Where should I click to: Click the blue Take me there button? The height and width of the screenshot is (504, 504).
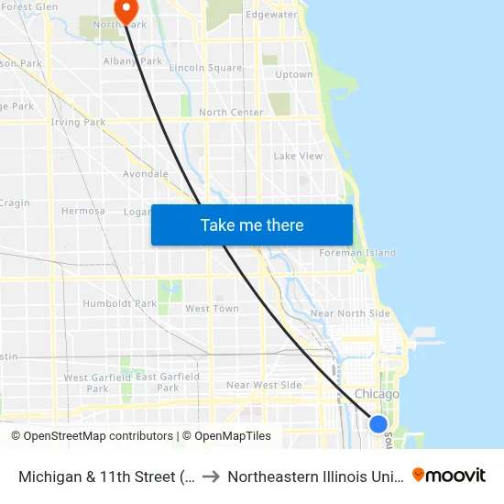252,225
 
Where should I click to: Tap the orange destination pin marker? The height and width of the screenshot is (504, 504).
125,8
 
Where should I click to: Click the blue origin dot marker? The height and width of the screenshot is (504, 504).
378,423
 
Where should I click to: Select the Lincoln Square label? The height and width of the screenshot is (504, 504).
206,68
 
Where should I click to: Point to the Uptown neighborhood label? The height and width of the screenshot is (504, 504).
294,74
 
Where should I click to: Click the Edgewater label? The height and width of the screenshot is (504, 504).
271,15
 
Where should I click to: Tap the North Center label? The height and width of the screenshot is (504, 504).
231,113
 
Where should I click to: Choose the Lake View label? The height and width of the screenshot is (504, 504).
298,156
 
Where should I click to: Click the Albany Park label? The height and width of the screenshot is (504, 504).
133,61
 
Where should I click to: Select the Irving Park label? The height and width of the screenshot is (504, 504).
79,122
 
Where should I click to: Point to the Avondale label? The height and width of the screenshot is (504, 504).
146,173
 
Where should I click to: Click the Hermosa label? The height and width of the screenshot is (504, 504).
82,211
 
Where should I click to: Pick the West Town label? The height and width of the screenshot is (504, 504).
212,309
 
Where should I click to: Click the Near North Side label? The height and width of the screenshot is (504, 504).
350,313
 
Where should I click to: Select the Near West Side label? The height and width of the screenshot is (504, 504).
264,385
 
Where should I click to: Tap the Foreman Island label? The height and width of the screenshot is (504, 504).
357,253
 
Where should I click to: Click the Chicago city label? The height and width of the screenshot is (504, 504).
377,394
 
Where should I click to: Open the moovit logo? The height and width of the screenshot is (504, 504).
449,475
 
